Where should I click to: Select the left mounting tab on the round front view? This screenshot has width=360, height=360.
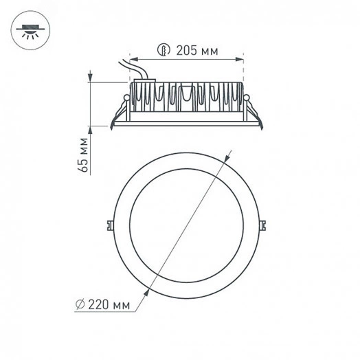[x=111, y=224]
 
